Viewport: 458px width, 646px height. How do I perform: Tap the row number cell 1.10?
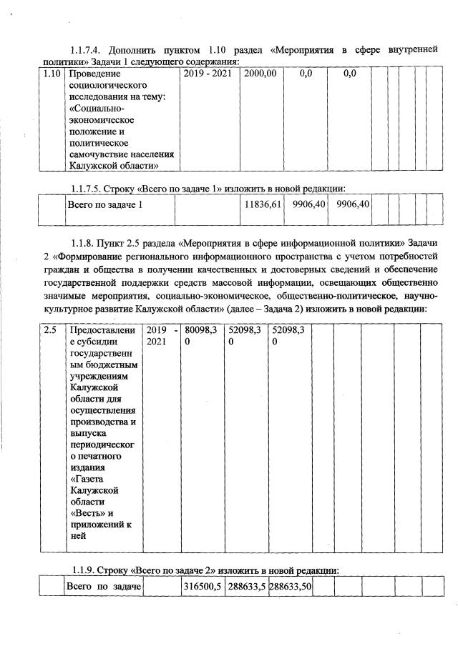click(50, 73)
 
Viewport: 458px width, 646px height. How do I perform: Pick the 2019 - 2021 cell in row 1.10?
click(208, 73)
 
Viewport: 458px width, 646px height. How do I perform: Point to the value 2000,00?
click(260, 73)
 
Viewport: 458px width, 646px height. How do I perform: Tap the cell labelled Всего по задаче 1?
click(105, 205)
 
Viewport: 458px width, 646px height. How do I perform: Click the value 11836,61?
click(260, 205)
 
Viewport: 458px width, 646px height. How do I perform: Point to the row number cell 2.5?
click(49, 330)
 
